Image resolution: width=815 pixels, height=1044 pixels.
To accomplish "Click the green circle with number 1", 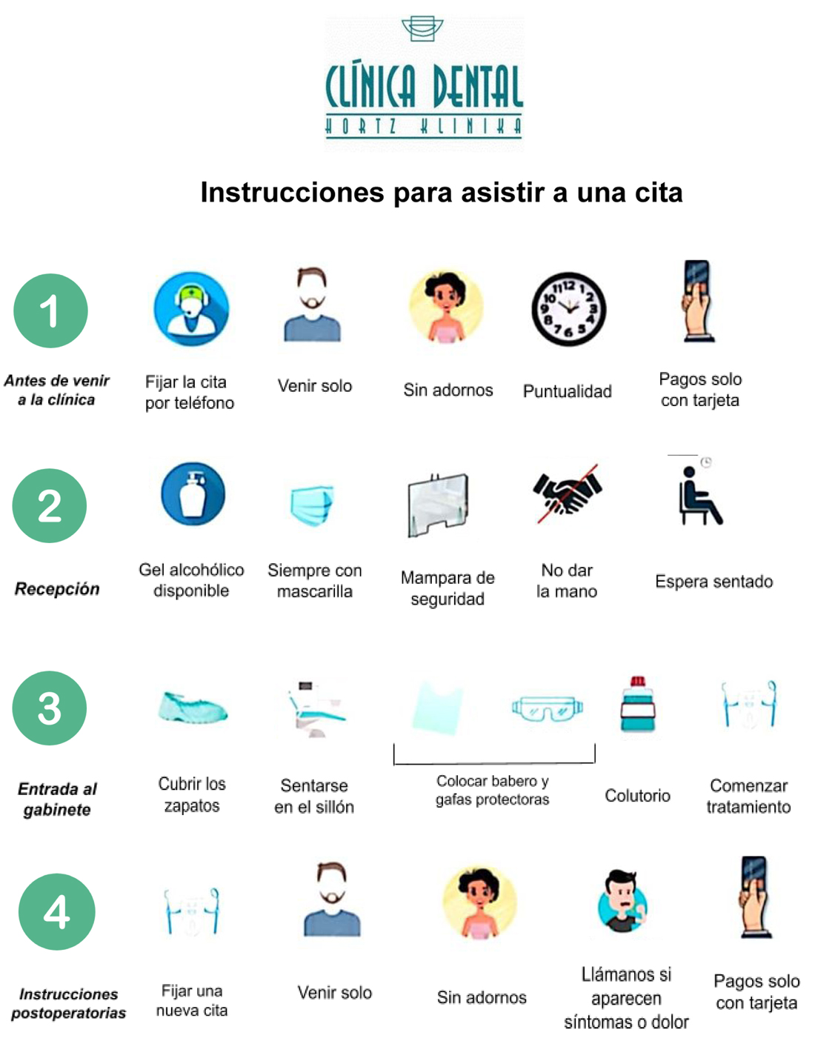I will click(50, 310).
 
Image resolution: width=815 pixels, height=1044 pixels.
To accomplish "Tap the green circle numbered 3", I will click(49, 708).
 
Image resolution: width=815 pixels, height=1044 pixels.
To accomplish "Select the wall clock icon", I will click(568, 309).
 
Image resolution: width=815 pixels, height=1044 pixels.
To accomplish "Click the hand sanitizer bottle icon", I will click(193, 493).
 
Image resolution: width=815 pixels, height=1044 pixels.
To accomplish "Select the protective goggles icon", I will click(547, 708).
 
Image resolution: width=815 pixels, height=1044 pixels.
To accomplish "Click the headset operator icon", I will click(191, 309).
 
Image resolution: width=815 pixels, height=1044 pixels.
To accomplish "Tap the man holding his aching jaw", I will click(622, 901).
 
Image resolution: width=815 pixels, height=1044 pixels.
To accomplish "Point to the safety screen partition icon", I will click(438, 505).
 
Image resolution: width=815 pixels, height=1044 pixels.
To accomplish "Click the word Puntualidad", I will click(567, 391).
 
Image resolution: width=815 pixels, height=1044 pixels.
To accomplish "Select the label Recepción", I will click(57, 589).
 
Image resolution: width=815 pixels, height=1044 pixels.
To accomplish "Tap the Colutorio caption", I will click(637, 796).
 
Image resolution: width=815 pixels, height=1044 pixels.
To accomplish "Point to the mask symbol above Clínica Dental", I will click(422, 29).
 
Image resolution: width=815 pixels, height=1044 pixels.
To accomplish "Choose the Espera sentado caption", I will click(713, 582).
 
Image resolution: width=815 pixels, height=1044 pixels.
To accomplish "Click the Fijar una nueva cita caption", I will click(192, 1000).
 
